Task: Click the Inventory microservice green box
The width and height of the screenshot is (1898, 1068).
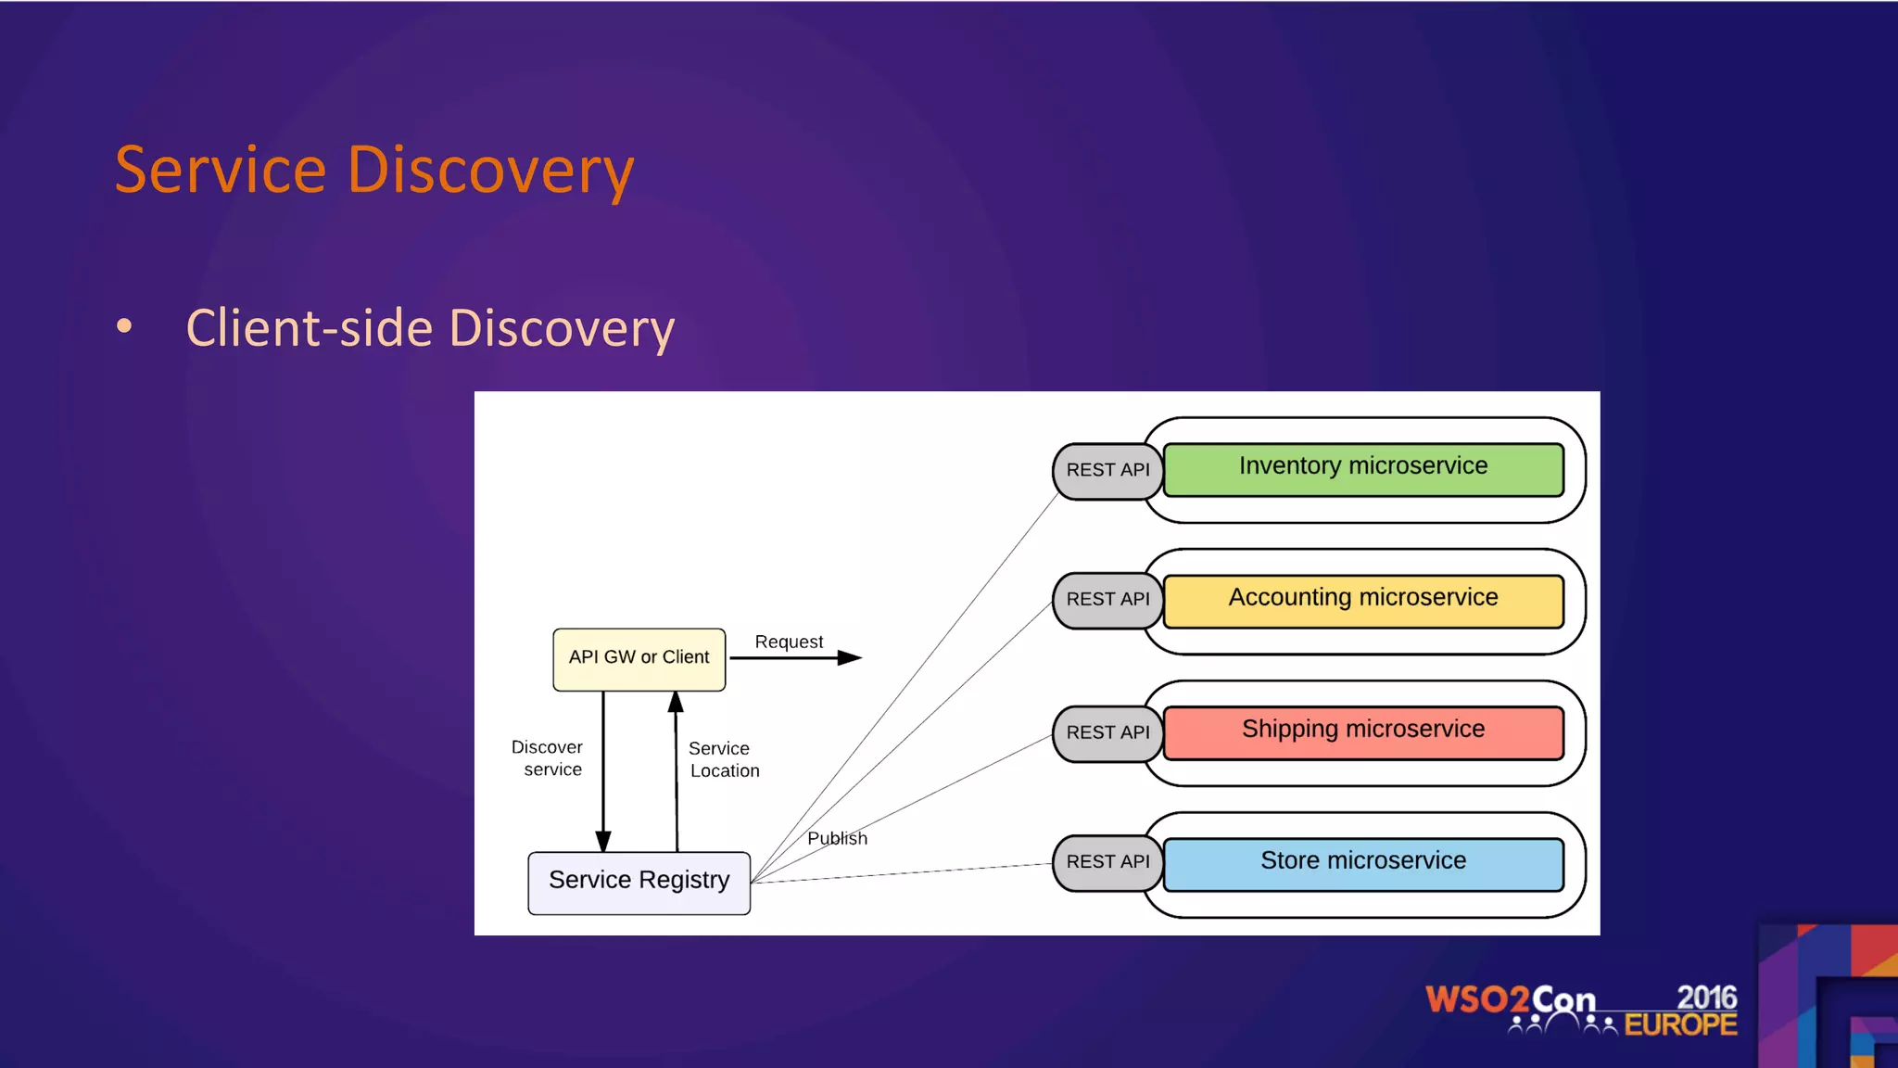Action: tap(1362, 469)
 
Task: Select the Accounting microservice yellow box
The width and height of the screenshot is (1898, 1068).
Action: tap(1362, 601)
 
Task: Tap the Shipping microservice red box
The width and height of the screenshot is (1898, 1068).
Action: tap(1362, 732)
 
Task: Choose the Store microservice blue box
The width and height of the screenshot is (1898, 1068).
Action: tap(1362, 864)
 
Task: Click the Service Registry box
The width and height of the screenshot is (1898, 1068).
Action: tap(639, 882)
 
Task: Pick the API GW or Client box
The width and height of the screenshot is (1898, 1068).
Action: tap(639, 658)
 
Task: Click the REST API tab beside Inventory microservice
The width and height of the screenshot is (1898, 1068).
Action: tap(1107, 471)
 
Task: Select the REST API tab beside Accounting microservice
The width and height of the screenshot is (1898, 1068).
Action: tap(1107, 601)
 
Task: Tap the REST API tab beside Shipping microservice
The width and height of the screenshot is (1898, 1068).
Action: tap(1107, 732)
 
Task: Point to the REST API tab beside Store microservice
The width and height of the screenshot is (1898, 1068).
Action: tap(1107, 862)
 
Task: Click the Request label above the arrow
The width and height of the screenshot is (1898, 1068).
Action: tap(789, 642)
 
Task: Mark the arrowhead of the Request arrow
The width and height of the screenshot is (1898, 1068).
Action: tap(849, 657)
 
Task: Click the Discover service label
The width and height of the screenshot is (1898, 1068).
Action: tap(548, 757)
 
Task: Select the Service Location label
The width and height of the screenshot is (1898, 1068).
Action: tap(723, 759)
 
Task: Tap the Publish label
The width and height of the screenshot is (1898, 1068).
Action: tap(837, 838)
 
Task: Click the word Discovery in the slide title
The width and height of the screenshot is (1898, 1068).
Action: tap(490, 171)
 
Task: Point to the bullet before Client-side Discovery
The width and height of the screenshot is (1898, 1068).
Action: tap(124, 326)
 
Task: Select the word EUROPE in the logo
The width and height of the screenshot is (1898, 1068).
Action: tap(1680, 1025)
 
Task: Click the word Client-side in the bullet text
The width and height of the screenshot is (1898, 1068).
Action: tap(310, 328)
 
